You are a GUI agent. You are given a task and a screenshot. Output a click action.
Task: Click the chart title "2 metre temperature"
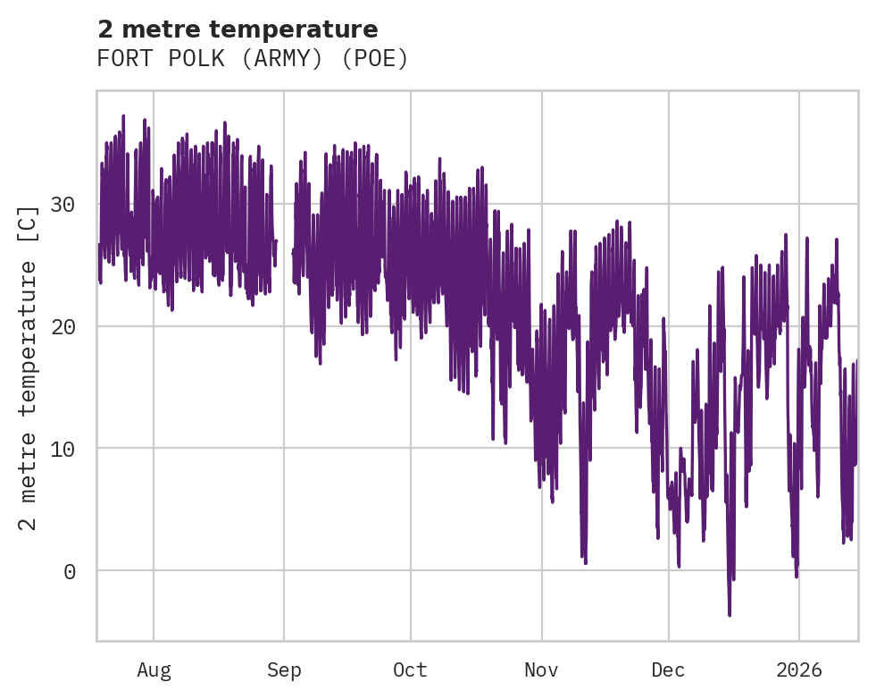click(x=238, y=29)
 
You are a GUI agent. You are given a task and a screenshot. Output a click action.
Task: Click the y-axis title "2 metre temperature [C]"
click(x=29, y=367)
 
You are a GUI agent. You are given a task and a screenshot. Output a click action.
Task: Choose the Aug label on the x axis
click(x=154, y=670)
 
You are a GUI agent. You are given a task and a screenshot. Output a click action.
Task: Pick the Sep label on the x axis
click(x=284, y=670)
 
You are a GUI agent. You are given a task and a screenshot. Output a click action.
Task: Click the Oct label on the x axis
click(x=411, y=670)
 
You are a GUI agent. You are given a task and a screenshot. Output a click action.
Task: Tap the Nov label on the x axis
click(x=541, y=670)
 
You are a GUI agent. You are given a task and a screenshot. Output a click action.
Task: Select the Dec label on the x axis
click(x=668, y=670)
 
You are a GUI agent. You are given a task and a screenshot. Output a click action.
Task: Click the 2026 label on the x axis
click(x=798, y=670)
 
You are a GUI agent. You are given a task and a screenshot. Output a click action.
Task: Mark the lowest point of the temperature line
click(x=730, y=615)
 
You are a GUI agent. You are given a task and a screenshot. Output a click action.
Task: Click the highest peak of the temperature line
click(x=123, y=116)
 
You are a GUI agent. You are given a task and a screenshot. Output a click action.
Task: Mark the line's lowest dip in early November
click(x=585, y=562)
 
